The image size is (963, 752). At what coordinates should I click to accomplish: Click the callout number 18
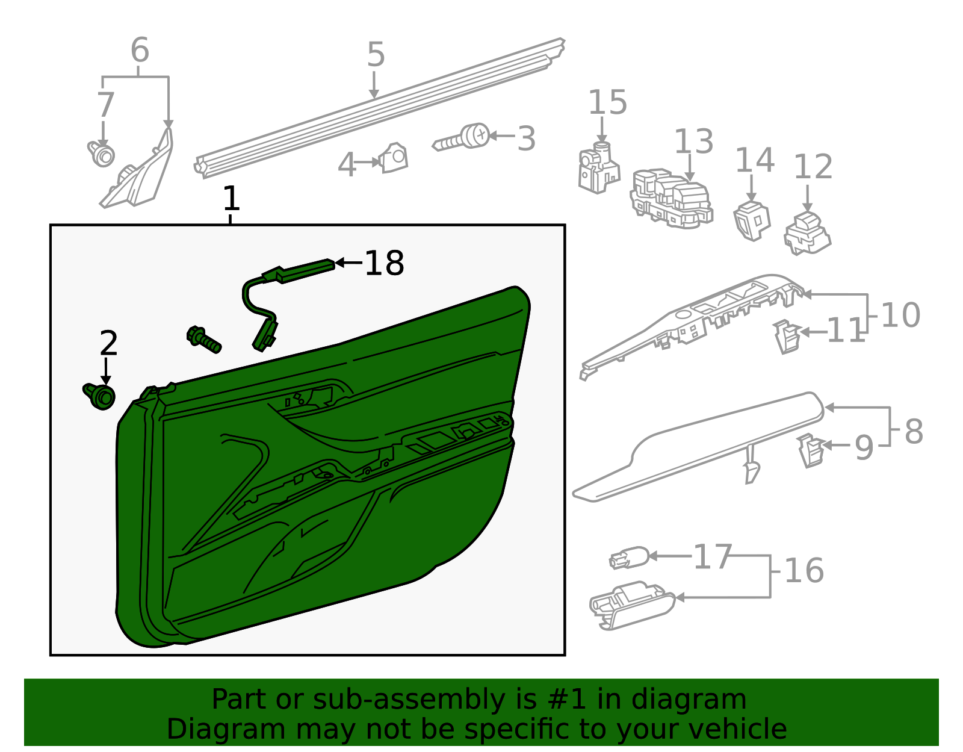coord(385,264)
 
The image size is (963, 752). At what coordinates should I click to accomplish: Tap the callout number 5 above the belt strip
coord(376,55)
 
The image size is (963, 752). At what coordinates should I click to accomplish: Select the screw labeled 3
coord(463,138)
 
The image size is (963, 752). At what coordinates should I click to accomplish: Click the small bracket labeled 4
coord(394,158)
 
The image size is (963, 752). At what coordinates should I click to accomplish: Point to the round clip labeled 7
coord(102,154)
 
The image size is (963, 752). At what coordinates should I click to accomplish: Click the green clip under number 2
coord(100,396)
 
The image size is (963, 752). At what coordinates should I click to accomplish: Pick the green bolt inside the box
coord(204,339)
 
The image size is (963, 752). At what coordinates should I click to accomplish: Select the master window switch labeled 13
coord(671,199)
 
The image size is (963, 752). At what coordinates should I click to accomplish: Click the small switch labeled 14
coord(752,220)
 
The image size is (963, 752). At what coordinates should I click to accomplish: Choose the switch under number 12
coord(807,233)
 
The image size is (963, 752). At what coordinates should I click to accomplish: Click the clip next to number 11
coord(786,336)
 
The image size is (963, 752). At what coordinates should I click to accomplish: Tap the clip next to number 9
coord(811,452)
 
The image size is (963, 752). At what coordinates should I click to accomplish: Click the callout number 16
coord(804,570)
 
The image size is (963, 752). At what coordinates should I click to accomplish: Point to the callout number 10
coord(900,315)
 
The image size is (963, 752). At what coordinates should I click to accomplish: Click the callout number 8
coord(913,432)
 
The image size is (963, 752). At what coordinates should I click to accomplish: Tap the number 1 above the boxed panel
coord(231,199)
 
